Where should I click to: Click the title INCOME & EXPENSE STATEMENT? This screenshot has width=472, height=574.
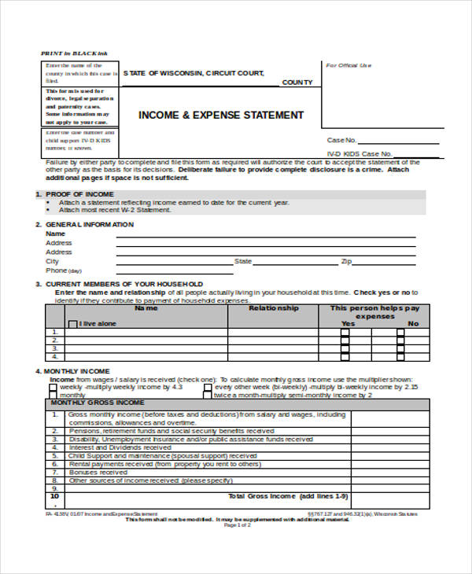click(x=220, y=116)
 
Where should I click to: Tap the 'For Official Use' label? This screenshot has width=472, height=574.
click(x=348, y=65)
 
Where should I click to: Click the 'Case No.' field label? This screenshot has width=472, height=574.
click(x=341, y=139)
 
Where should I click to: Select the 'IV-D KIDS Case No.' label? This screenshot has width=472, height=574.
click(x=359, y=153)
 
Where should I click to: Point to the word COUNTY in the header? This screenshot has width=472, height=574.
click(x=297, y=83)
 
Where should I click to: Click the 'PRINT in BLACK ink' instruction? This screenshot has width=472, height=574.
click(x=74, y=53)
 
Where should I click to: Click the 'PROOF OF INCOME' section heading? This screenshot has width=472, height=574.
click(x=79, y=193)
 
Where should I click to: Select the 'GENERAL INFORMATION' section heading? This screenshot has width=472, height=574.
click(x=89, y=225)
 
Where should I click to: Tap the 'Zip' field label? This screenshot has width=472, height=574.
click(x=345, y=261)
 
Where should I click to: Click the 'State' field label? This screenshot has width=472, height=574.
click(x=243, y=261)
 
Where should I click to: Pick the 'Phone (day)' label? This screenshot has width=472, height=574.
click(x=64, y=270)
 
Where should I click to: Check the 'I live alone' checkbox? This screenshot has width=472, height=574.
click(x=73, y=324)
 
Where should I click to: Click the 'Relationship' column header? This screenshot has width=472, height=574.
click(x=273, y=308)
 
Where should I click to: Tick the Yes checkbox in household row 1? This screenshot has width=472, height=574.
click(x=345, y=333)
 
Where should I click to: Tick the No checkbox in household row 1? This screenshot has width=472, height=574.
click(x=400, y=333)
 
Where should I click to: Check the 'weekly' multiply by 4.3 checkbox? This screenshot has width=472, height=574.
click(x=54, y=388)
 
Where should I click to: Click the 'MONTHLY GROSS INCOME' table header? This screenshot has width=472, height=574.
click(x=98, y=403)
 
